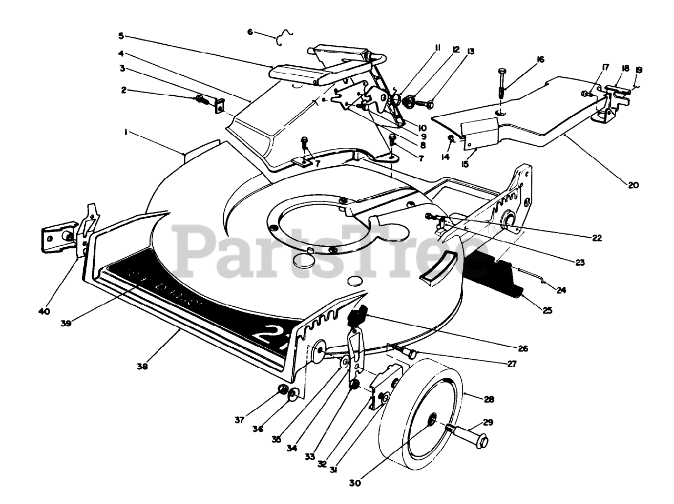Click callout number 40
44,311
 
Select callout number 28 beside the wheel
489,399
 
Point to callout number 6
250,32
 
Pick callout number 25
547,310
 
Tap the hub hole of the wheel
431,419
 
